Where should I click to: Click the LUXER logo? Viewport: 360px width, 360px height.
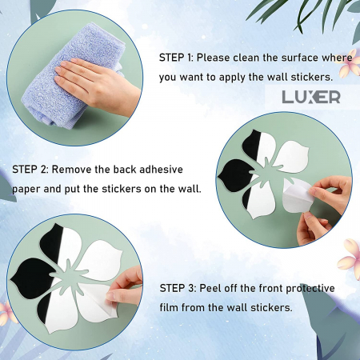(311, 97)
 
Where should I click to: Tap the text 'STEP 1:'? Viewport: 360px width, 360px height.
(176, 58)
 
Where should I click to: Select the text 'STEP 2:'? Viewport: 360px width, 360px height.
(30, 170)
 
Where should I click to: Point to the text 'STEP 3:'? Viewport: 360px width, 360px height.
(178, 288)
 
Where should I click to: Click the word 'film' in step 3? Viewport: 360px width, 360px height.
(169, 308)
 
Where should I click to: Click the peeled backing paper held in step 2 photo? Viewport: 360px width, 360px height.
(297, 195)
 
